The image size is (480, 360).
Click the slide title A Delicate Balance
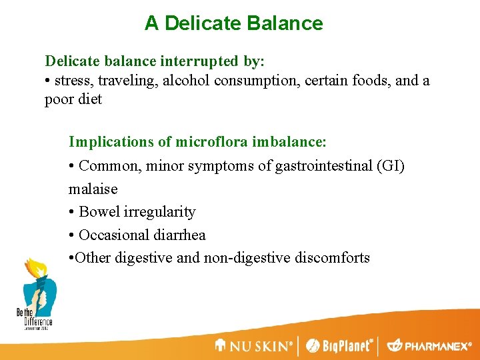tap(233, 23)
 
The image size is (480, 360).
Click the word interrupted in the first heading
tap(203, 61)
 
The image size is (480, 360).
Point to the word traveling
tap(129, 81)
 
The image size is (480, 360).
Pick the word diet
tap(90, 99)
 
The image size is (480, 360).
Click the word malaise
tap(93, 189)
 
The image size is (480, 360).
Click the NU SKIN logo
tap(254, 346)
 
